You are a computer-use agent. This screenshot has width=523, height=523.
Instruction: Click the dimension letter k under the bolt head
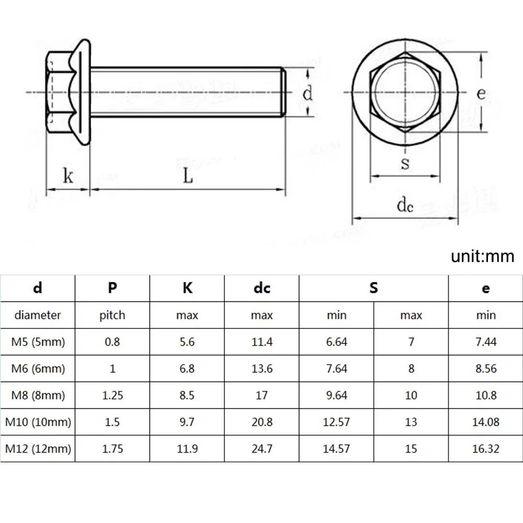(x=68, y=176)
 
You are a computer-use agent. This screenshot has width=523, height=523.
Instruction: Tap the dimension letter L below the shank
(x=188, y=176)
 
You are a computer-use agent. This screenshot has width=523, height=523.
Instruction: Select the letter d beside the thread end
(x=308, y=94)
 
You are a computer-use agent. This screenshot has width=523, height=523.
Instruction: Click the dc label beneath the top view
(x=405, y=206)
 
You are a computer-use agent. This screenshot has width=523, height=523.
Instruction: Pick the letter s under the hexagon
(x=405, y=164)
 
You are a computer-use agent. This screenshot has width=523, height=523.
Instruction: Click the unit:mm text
(x=482, y=257)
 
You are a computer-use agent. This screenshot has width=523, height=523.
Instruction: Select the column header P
(x=112, y=288)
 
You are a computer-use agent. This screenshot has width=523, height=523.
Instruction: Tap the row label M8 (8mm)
(x=38, y=395)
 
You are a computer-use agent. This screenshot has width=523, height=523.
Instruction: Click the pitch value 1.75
(x=112, y=449)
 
